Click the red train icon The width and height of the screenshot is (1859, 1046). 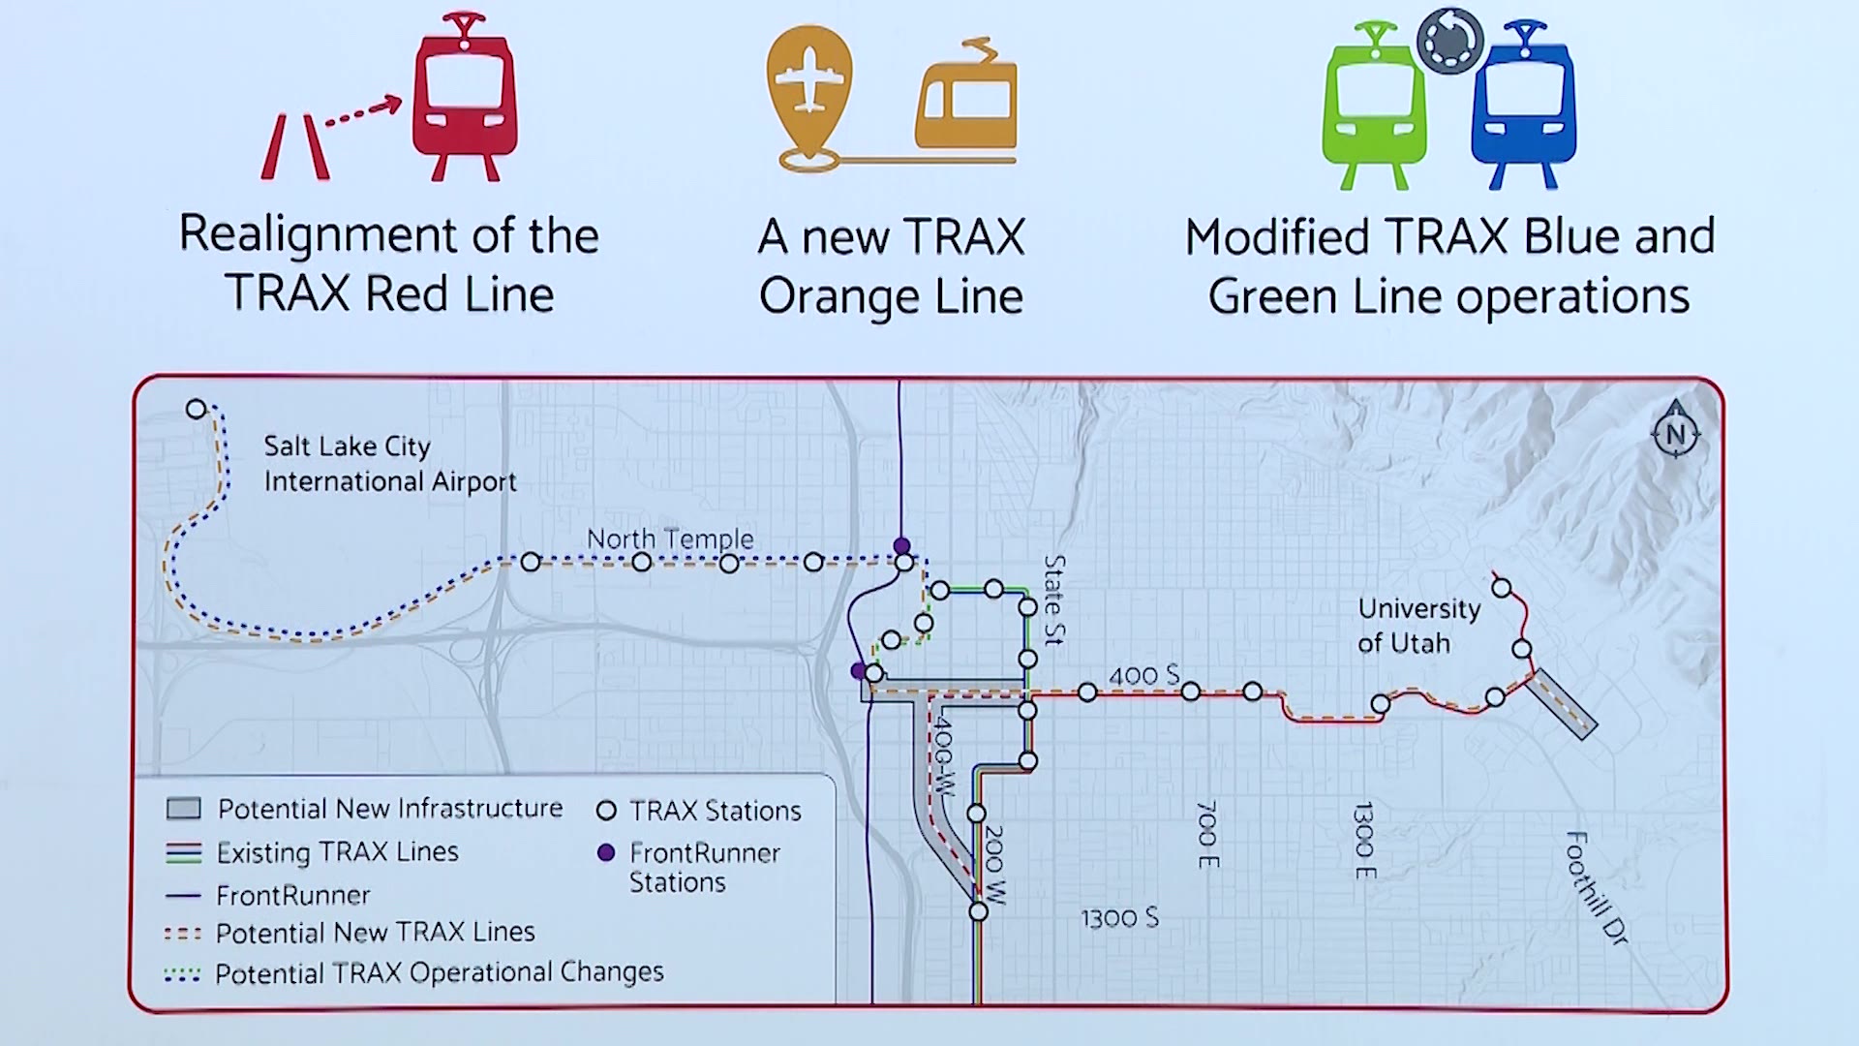tap(464, 97)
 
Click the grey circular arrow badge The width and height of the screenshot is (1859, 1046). tap(1449, 41)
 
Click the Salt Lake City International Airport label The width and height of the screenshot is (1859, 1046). tap(389, 464)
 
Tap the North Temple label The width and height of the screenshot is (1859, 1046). tap(670, 538)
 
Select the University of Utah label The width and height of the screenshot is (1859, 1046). tap(1417, 626)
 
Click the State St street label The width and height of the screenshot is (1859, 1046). tap(1054, 600)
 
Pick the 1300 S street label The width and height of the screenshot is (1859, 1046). tap(1119, 917)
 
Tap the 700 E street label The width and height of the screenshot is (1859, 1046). tap(1206, 834)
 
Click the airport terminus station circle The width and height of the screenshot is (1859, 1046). tap(197, 409)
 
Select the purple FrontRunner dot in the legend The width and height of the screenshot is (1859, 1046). tap(606, 852)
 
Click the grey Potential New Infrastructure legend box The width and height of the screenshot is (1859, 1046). tap(184, 808)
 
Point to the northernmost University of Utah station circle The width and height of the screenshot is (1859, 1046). tap(1502, 588)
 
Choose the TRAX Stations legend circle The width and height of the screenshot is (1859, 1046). tap(606, 810)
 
